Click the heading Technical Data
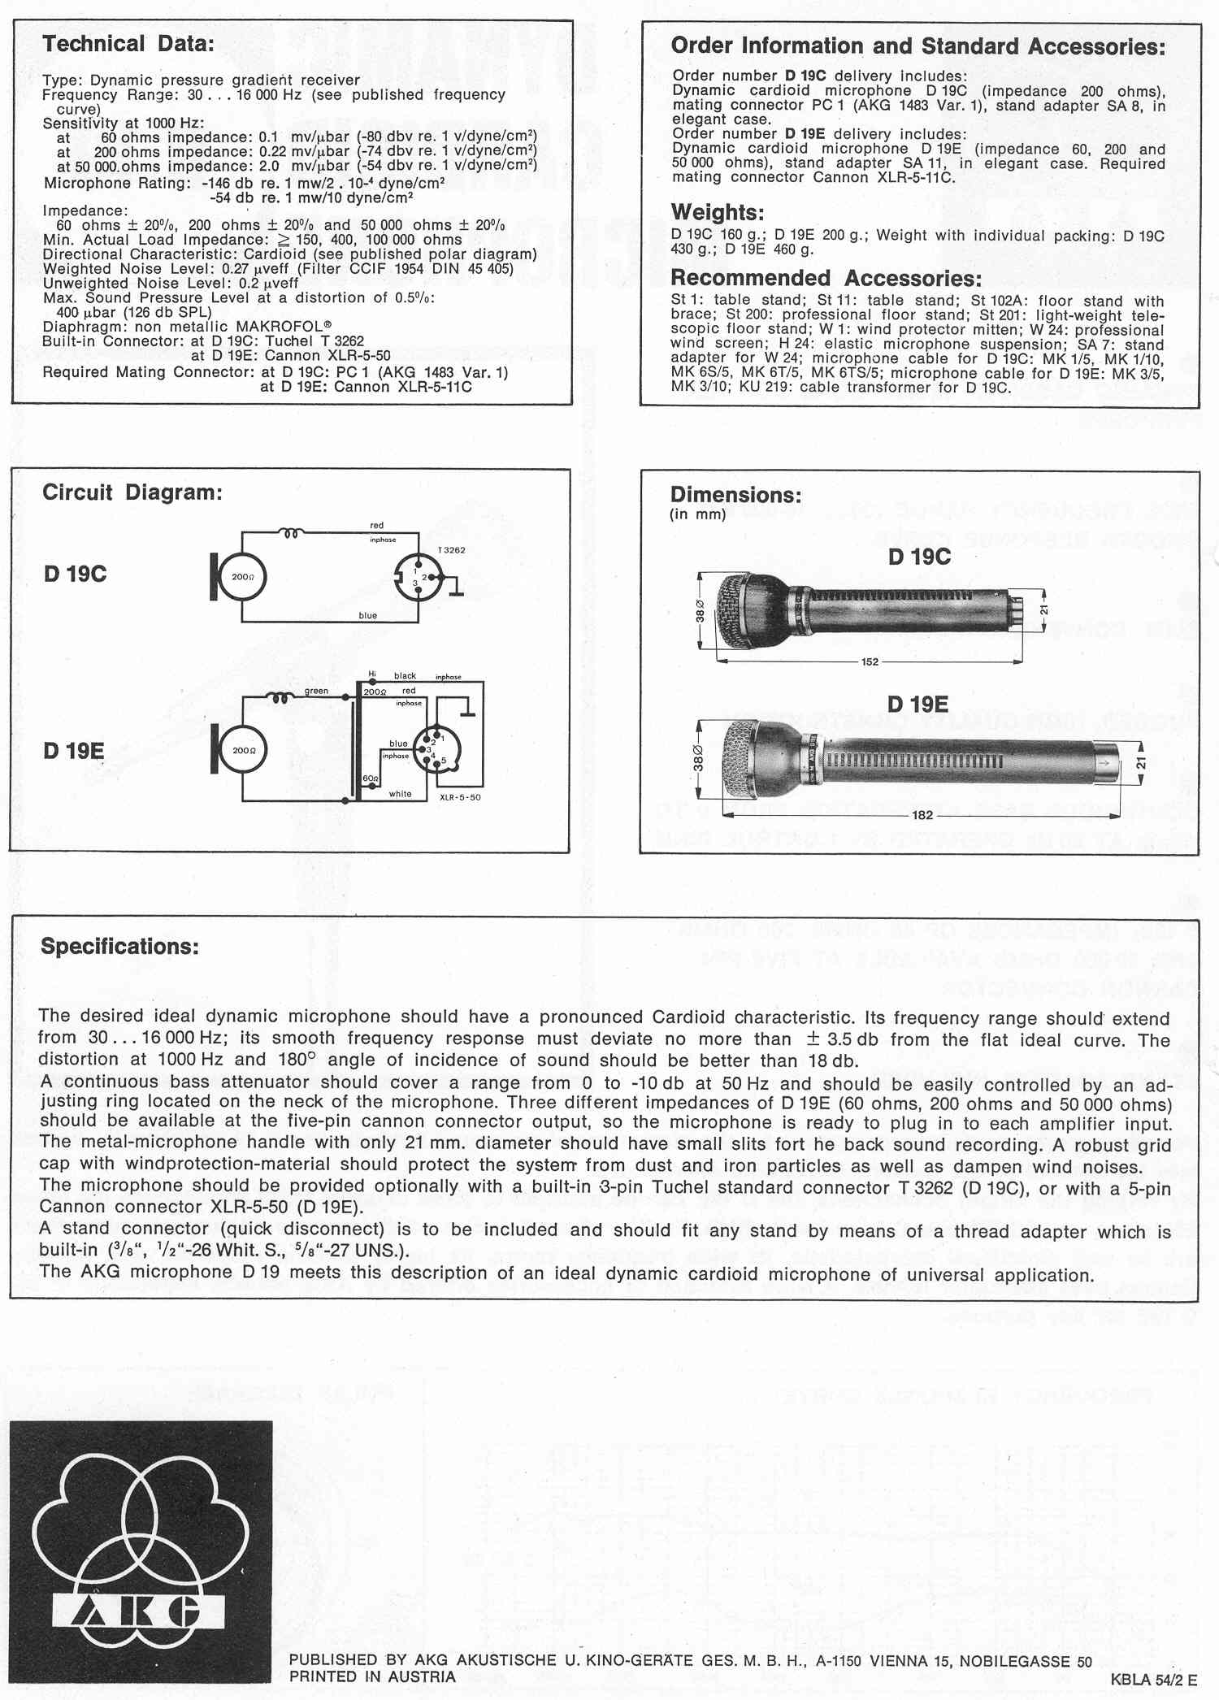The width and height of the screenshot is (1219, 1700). pos(128,44)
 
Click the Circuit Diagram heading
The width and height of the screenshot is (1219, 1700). pos(132,492)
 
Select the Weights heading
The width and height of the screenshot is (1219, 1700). pos(717,213)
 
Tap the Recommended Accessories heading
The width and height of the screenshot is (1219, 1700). pos(826,279)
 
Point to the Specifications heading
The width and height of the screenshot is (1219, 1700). pos(119,947)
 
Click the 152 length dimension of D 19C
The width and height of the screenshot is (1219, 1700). pos(870,662)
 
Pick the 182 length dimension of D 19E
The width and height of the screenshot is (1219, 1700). pos(922,815)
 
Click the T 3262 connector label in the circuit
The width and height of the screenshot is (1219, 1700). pos(452,550)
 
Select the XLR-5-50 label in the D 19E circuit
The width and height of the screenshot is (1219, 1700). pos(460,797)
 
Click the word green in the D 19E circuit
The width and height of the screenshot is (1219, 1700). pos(316,691)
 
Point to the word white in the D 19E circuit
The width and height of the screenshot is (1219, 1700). pos(400,794)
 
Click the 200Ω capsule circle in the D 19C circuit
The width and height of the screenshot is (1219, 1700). pos(243,577)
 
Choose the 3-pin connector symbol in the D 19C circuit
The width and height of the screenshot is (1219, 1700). pos(417,577)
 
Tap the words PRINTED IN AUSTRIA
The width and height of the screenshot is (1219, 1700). pos(372,1676)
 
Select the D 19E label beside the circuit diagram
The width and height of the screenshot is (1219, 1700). pos(74,751)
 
